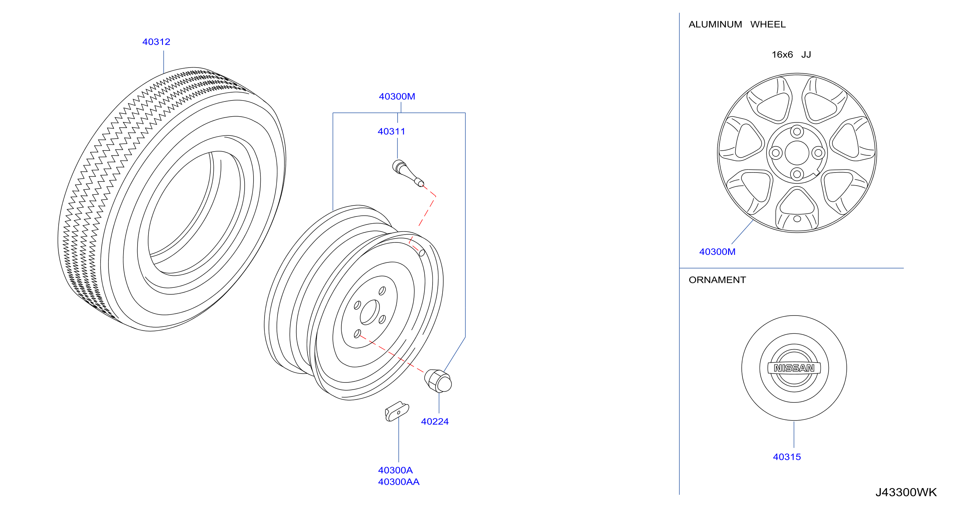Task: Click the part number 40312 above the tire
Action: [156, 42]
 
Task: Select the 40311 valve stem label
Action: [391, 131]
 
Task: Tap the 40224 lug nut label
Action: [435, 422]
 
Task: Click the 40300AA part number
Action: [399, 482]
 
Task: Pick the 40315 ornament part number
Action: [787, 457]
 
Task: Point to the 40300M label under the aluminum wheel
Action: [717, 252]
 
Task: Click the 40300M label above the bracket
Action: [397, 97]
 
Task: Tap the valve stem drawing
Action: [408, 173]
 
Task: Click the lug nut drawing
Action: [438, 381]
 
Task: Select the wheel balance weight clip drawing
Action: [397, 411]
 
